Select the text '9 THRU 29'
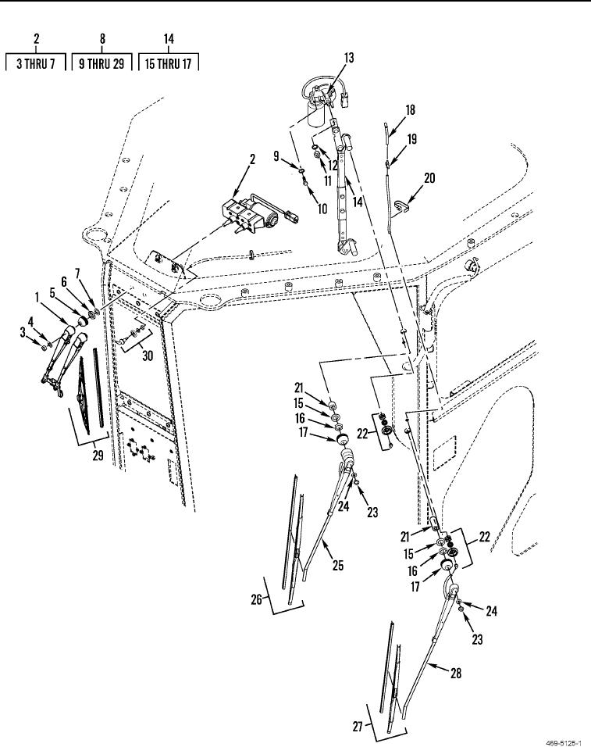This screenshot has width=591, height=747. (x=101, y=63)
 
